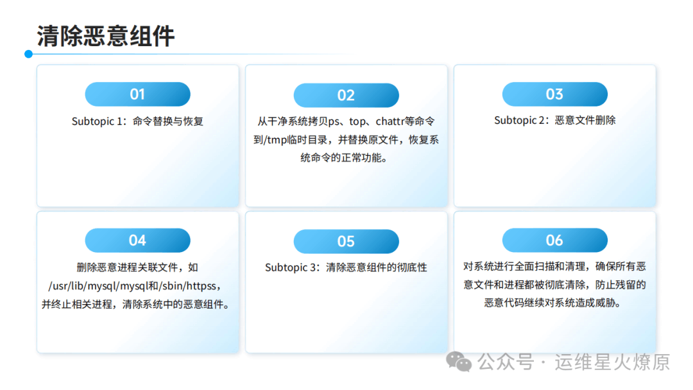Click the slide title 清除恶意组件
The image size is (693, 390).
point(106,36)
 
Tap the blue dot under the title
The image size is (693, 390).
point(29,54)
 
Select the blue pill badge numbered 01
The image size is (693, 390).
point(137,94)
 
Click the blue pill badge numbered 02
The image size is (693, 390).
point(346,95)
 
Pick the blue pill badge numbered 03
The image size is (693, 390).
point(554,94)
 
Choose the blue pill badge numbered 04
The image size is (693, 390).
point(137,241)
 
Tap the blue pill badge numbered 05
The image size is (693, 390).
point(346,241)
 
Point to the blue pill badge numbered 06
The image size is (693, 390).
point(554,241)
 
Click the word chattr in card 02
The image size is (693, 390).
point(390,121)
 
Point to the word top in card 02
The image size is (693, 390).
point(357,122)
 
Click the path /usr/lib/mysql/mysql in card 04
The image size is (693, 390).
point(98,286)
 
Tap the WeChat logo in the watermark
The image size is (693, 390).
point(459,362)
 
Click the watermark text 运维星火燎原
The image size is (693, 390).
point(612,362)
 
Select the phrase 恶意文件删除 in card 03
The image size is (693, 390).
point(586,120)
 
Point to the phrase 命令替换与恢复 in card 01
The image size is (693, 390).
point(168,121)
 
